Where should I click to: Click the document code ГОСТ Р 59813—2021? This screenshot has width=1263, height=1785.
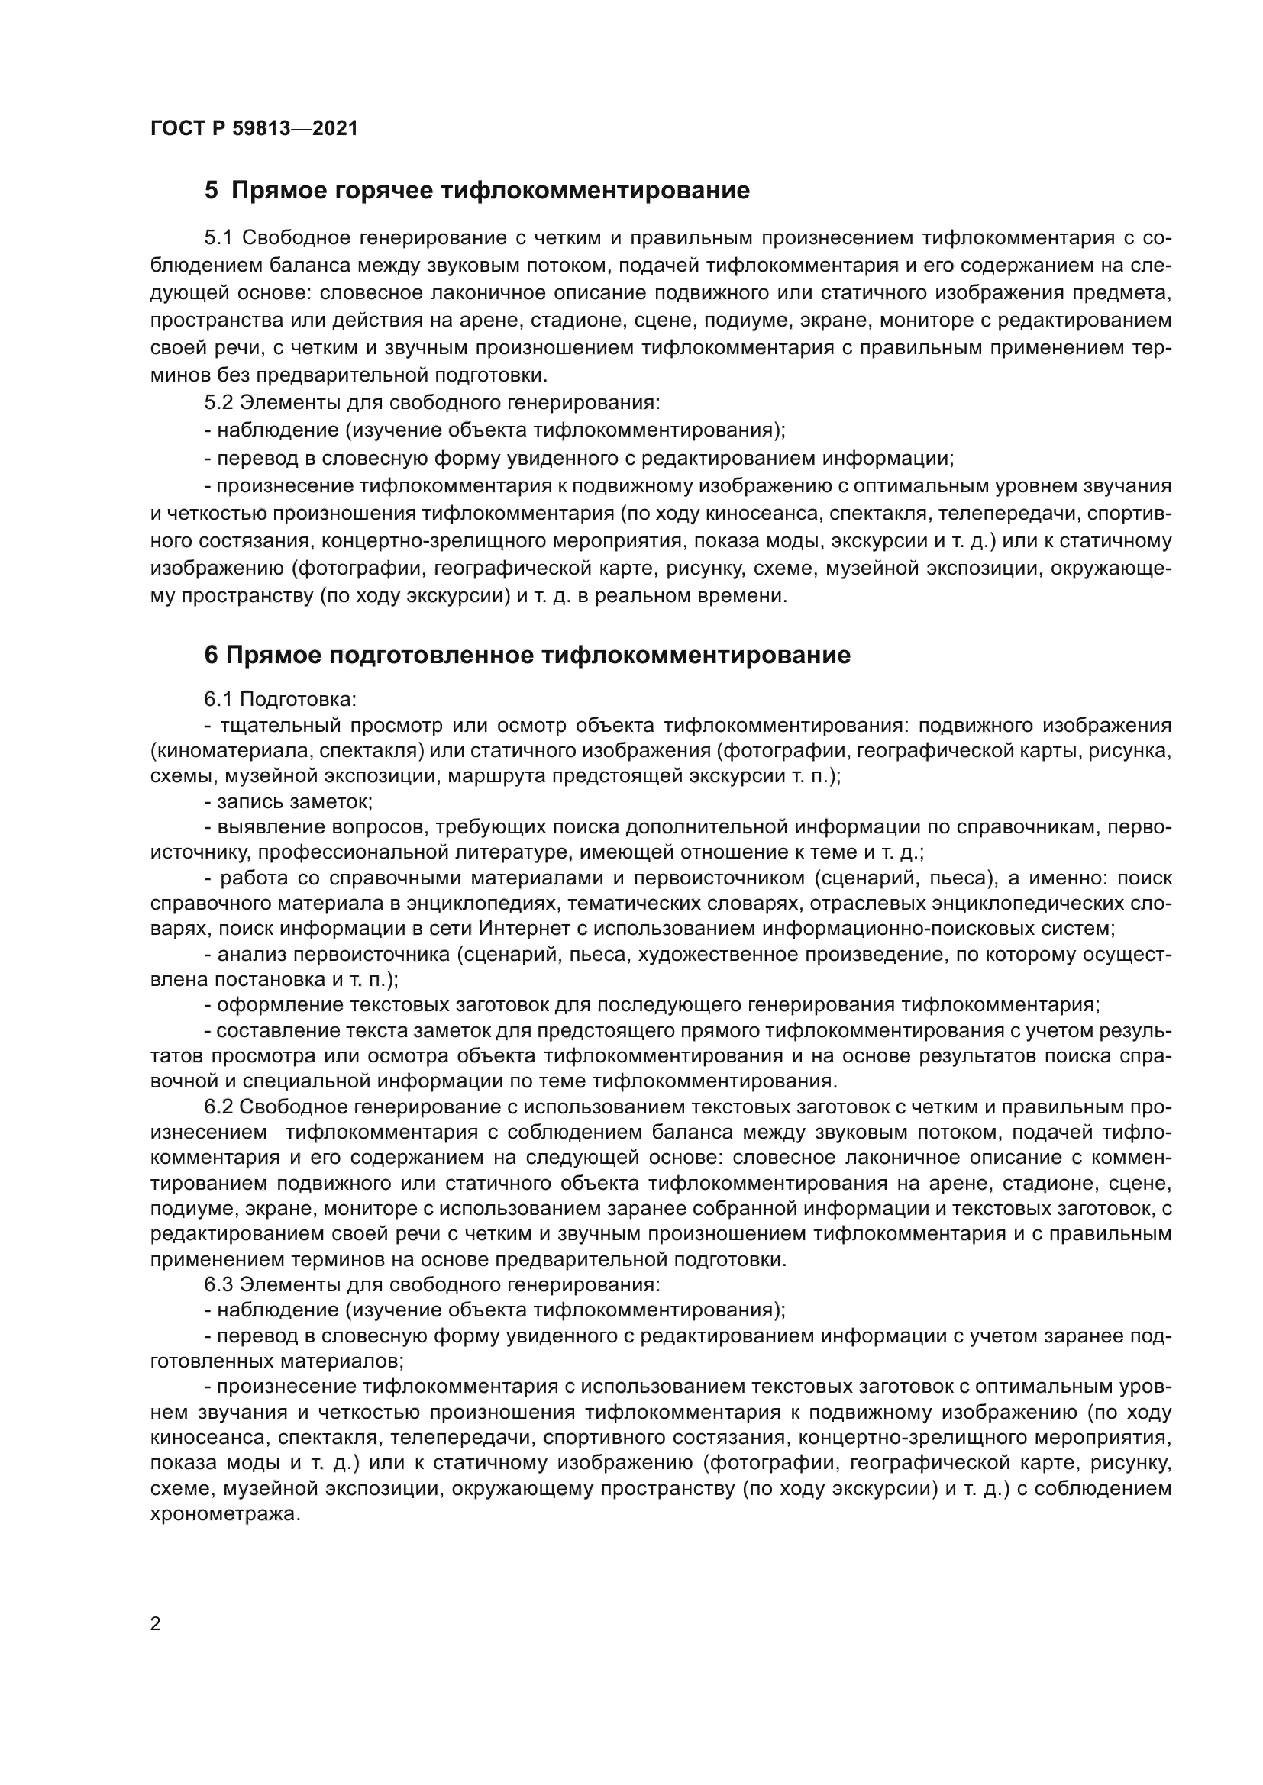254,129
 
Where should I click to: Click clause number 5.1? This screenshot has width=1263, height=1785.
218,238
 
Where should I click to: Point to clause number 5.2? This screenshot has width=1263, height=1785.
218,403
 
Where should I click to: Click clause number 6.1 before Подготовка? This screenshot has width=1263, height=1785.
218,699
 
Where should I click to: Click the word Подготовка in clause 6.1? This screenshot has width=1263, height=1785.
298,699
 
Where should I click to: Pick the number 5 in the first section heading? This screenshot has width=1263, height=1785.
211,191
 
